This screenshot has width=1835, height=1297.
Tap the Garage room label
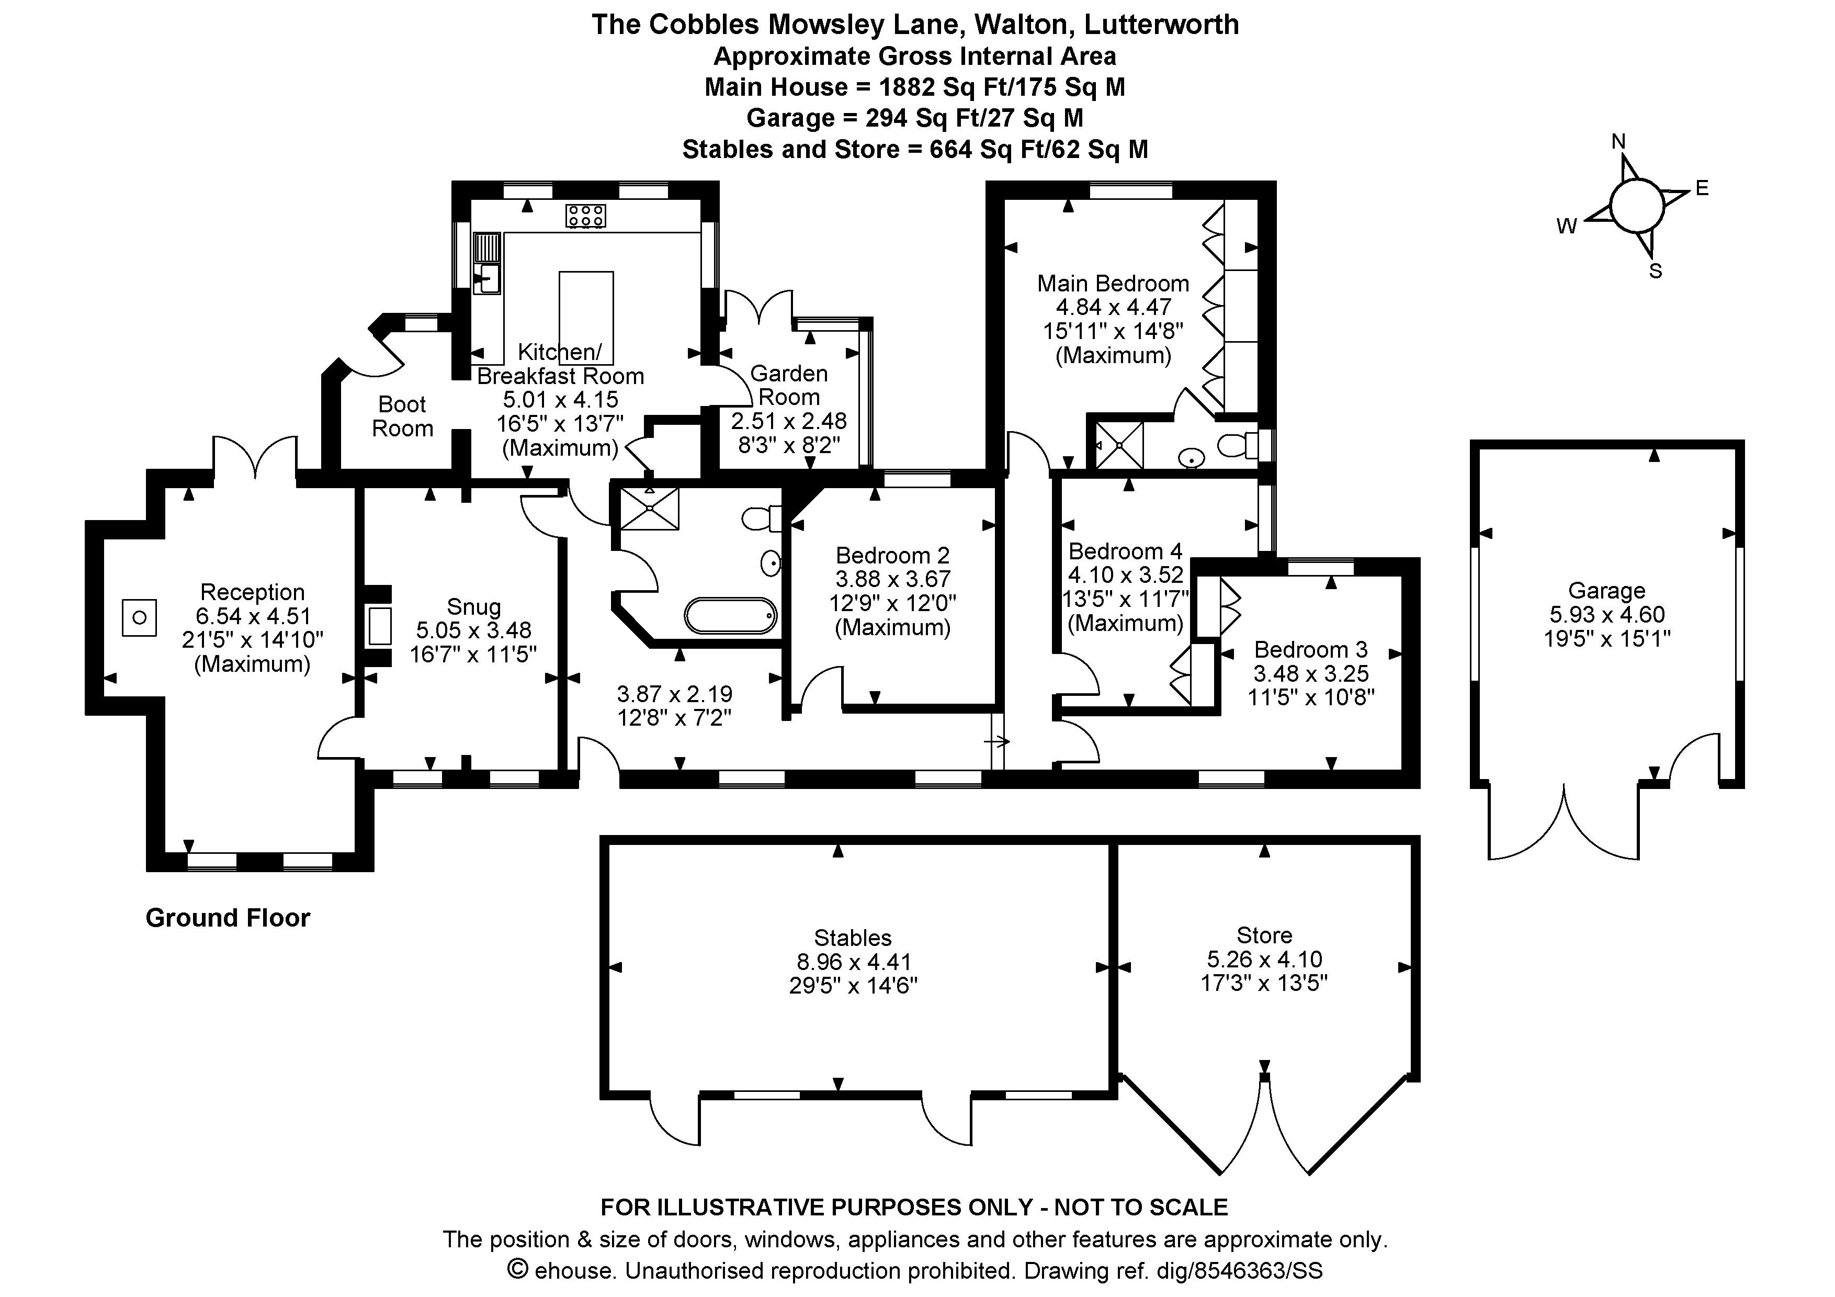[x=1606, y=591]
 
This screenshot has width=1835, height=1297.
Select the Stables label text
[x=853, y=938]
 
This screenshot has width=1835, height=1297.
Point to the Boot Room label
[x=402, y=416]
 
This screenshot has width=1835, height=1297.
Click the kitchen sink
[x=486, y=278]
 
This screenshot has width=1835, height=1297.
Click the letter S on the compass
[x=1655, y=272]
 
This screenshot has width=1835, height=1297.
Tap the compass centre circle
[x=1636, y=206]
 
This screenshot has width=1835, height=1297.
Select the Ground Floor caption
[x=228, y=917]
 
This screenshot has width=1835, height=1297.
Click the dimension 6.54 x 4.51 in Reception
[x=253, y=616]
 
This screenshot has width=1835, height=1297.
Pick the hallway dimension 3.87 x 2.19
[x=675, y=694]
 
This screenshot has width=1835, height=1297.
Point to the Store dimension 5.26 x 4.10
[x=1264, y=959]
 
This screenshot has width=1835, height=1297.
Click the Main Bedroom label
[x=1113, y=284]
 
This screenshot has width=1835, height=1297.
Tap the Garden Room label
[x=789, y=385]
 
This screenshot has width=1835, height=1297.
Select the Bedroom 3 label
[x=1311, y=650]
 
